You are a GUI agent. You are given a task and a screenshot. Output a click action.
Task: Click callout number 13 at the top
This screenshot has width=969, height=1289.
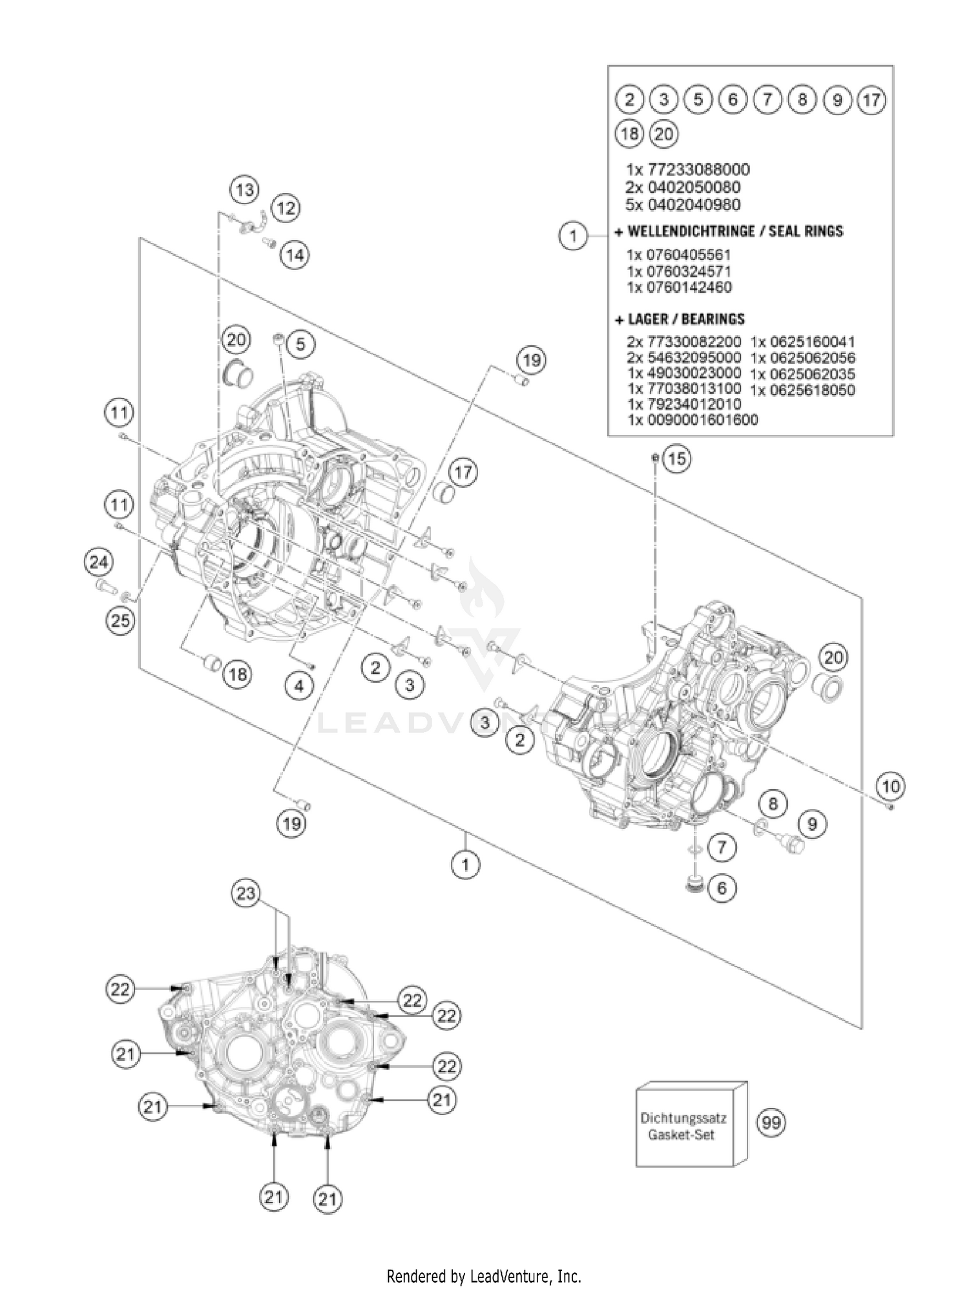(245, 190)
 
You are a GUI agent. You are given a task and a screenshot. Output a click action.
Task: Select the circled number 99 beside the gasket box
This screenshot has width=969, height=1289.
(771, 1122)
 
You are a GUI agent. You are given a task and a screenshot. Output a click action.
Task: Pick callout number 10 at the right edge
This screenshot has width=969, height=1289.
(890, 786)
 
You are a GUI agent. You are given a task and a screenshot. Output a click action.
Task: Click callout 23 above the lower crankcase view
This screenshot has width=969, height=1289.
(247, 894)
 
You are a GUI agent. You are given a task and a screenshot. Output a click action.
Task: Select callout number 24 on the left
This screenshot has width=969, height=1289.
(98, 562)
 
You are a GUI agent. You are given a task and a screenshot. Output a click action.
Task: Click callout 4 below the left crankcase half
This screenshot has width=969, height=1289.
(298, 686)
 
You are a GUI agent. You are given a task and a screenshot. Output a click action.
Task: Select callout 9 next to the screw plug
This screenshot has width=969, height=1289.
(812, 824)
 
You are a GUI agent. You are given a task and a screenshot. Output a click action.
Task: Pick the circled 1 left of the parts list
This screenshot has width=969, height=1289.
(573, 236)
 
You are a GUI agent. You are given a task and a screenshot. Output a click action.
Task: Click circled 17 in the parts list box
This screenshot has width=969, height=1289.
(871, 100)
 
